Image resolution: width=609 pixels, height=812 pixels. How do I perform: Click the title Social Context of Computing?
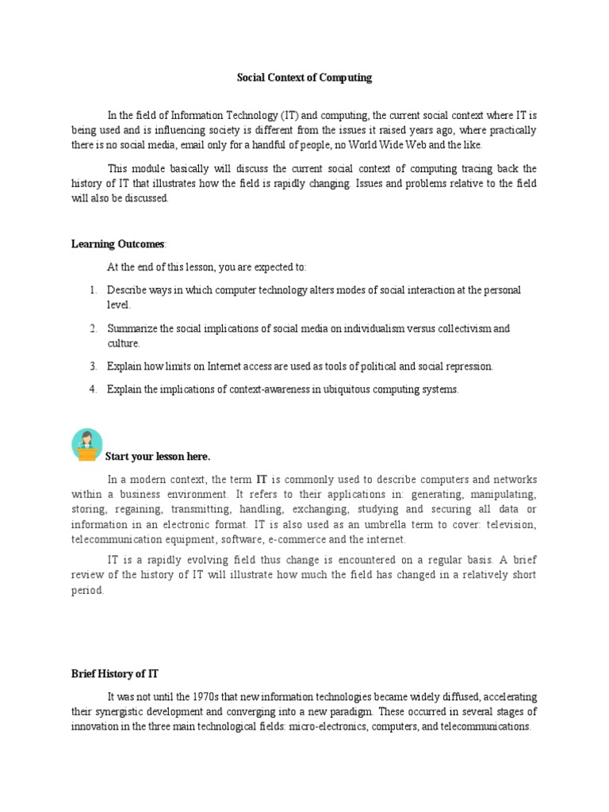coord(304,78)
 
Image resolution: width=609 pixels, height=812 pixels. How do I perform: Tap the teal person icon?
coord(86,445)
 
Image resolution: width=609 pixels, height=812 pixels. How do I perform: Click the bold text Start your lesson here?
coord(158,457)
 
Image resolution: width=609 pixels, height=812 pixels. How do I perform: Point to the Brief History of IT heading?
coord(114,673)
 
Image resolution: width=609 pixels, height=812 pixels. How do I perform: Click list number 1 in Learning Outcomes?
coord(93,290)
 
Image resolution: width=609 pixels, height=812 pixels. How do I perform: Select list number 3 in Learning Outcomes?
coord(93,366)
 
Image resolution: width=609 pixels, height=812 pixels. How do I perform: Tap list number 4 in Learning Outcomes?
coord(93,389)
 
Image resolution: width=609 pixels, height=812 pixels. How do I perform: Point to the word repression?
coord(469,366)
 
